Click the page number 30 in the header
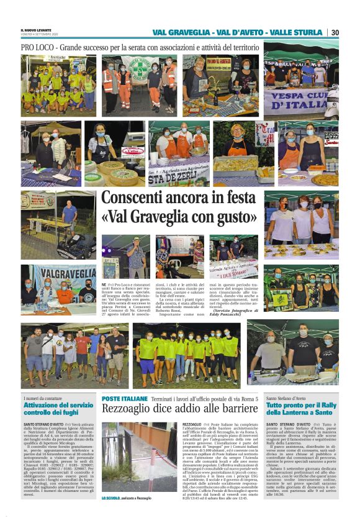point(335,32)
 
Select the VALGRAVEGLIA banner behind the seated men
point(65,273)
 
